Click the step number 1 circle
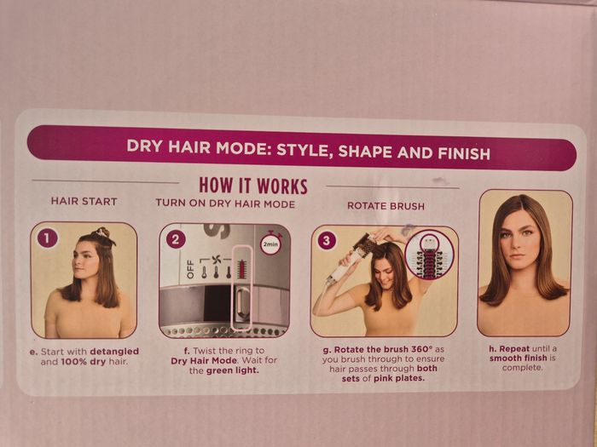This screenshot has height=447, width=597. click(47, 238)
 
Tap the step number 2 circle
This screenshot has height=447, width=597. click(176, 240)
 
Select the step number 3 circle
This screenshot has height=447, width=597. click(327, 240)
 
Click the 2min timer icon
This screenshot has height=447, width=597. click(270, 244)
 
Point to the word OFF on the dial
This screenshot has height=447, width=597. click(190, 269)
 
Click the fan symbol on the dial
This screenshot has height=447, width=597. click(217, 261)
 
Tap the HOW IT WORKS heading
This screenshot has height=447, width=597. click(253, 186)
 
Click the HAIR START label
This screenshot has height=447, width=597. click(84, 202)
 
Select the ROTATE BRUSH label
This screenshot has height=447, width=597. click(385, 206)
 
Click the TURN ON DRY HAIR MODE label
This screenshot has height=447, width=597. click(225, 203)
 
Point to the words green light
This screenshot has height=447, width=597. click(232, 370)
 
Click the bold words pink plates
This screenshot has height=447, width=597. click(398, 378)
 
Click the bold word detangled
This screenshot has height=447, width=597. click(114, 352)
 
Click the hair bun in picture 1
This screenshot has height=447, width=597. click(103, 232)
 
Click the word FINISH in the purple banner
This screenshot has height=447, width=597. click(464, 153)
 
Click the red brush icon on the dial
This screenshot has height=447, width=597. click(241, 268)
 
